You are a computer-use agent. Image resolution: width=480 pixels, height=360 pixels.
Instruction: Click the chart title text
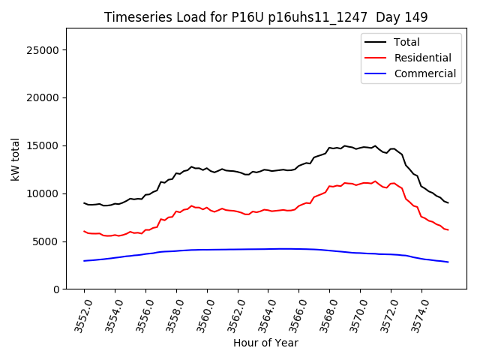265,17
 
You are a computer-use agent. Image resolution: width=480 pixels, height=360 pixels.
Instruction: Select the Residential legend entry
422,58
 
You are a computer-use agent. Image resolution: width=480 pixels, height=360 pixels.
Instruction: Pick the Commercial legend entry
424,73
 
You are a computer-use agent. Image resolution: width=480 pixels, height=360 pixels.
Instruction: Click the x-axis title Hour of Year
265,343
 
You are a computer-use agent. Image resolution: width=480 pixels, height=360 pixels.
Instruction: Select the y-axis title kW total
15,159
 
